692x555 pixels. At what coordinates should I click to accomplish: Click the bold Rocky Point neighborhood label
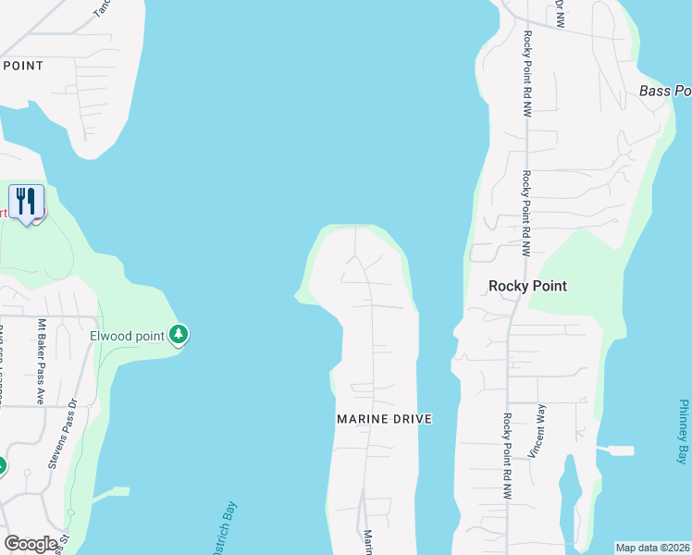coord(527,286)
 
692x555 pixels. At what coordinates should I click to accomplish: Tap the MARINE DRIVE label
coord(384,419)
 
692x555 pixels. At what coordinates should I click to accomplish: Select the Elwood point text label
coord(128,335)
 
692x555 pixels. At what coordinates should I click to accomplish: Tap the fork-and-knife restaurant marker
coord(26,203)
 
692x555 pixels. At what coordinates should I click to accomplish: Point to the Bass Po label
coord(665,91)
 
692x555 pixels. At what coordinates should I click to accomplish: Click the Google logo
coord(31,544)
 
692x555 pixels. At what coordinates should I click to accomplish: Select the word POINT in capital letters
coord(24,66)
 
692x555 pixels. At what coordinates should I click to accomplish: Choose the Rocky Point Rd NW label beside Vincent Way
coord(508,457)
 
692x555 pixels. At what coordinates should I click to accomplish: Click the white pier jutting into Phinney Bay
coord(618,450)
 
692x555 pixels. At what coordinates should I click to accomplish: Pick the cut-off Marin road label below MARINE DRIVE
coord(367,542)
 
